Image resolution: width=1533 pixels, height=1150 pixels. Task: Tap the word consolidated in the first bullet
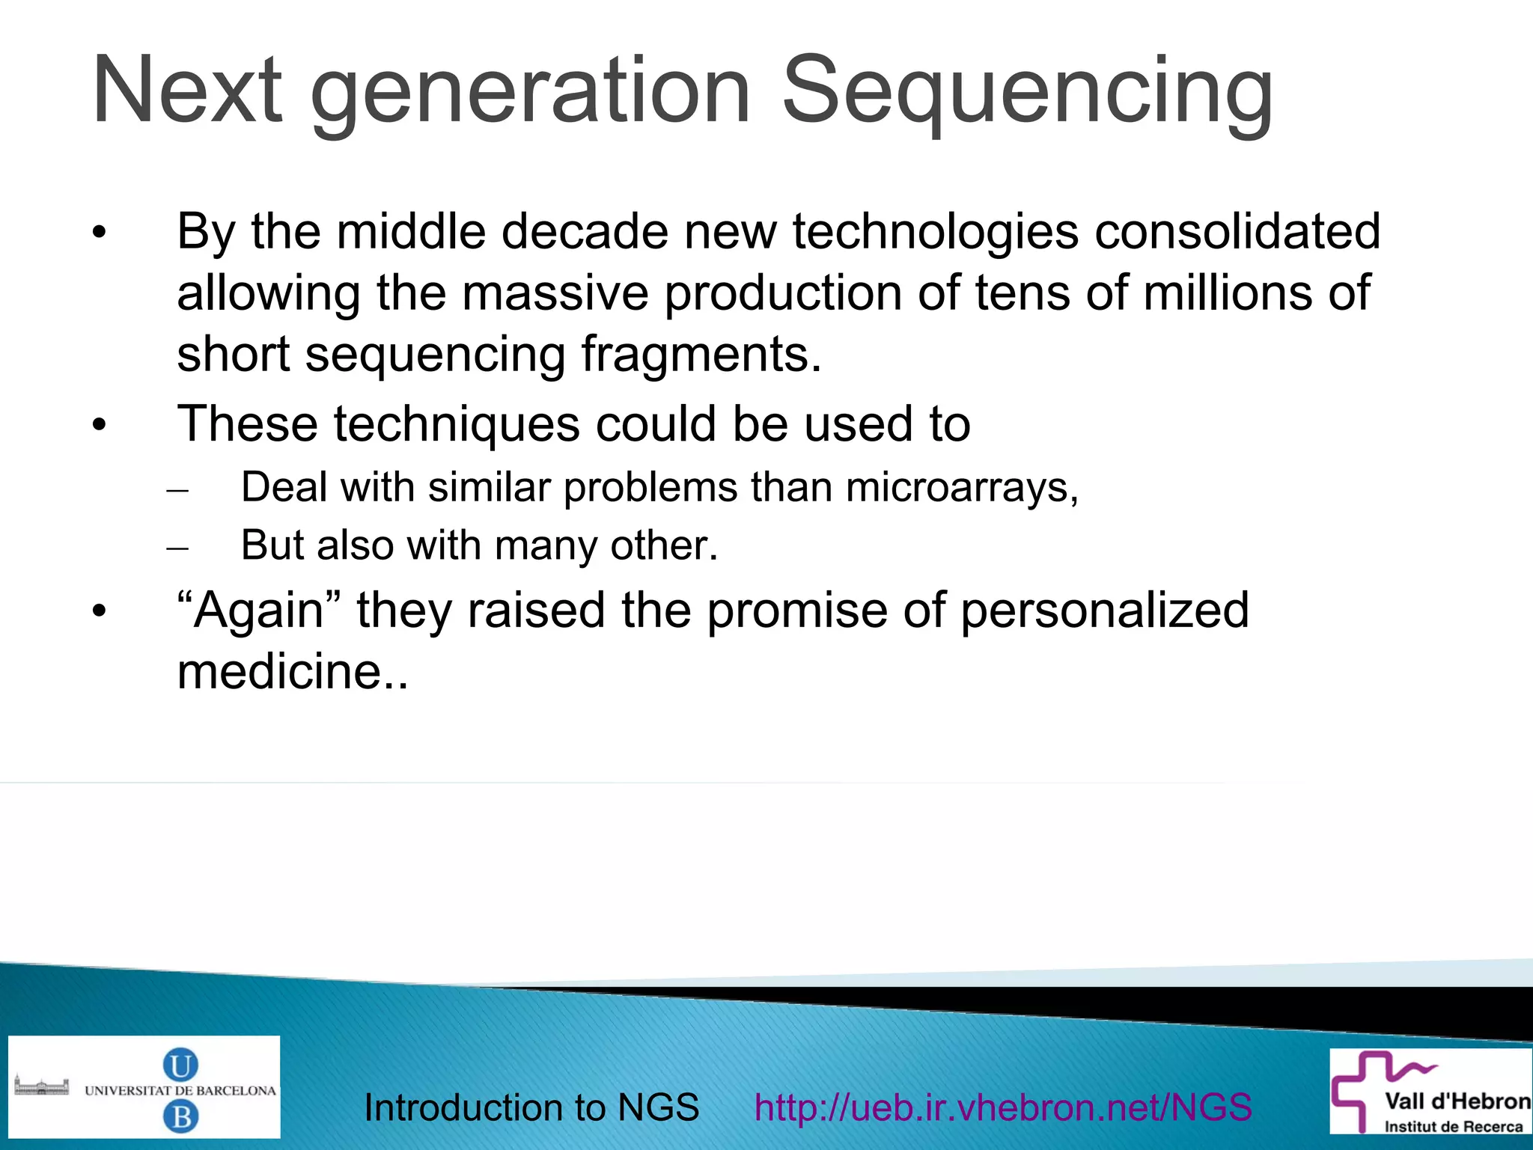tap(1237, 231)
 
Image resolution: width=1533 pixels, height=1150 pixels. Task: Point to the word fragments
tap(701, 354)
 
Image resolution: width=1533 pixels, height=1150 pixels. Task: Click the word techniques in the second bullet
tap(457, 424)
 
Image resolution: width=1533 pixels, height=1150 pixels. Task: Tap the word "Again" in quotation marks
tap(259, 610)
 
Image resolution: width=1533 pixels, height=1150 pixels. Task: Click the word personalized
tap(1105, 610)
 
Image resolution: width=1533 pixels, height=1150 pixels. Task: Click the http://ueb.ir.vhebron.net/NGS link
tap(1003, 1107)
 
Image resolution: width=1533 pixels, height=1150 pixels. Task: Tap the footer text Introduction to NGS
tap(531, 1107)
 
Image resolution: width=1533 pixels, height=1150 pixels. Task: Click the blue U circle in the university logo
tap(180, 1064)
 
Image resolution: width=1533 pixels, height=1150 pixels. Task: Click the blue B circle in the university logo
tap(180, 1117)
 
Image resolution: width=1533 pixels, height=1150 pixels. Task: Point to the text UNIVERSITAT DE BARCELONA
tap(180, 1091)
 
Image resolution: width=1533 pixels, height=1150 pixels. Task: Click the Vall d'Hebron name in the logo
tap(1457, 1101)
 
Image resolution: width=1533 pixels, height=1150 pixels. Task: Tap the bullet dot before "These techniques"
tap(100, 426)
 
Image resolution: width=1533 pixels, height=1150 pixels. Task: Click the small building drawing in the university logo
tap(42, 1086)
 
